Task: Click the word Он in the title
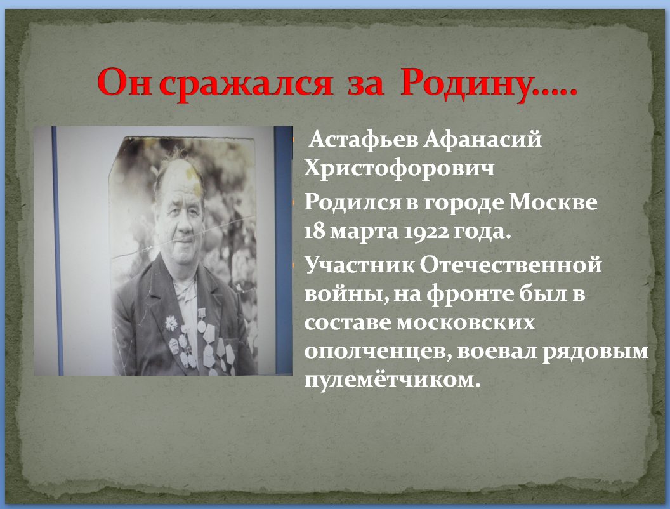click(124, 81)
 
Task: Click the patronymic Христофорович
click(399, 168)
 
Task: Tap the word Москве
click(554, 202)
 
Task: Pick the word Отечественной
click(511, 265)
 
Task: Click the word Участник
click(359, 265)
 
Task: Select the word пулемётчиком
click(390, 380)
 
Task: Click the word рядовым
click(595, 352)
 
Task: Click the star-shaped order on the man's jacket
click(171, 324)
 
